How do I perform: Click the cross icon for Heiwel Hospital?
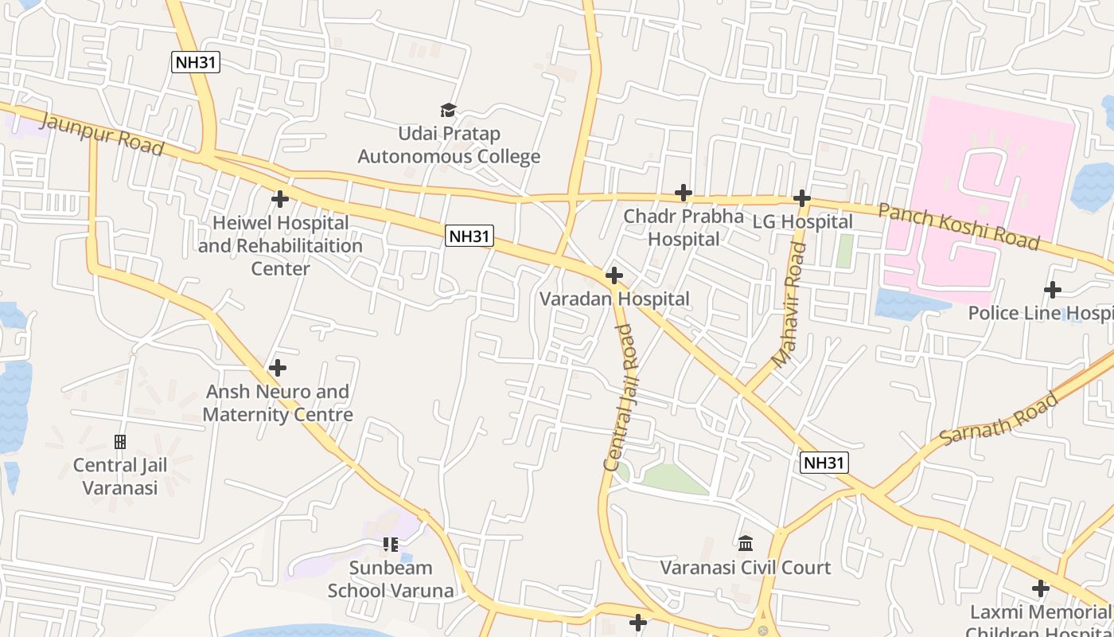tap(279, 198)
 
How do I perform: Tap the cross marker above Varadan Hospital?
tap(613, 276)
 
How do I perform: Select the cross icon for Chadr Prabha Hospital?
tap(683, 192)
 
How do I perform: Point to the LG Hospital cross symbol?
tap(802, 197)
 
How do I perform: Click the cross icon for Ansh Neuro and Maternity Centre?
tap(277, 368)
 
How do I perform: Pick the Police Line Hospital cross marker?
tap(1053, 290)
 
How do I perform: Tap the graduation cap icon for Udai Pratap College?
tap(449, 110)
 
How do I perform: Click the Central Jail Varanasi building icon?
tap(120, 441)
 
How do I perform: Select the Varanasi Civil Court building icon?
tap(746, 544)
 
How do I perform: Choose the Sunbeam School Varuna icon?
tap(390, 545)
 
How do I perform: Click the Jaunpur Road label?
tap(101, 135)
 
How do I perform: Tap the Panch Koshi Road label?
tap(958, 225)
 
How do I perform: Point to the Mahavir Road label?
tap(789, 306)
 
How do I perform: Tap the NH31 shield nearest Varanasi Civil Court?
tap(824, 463)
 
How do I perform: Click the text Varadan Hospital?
tap(614, 299)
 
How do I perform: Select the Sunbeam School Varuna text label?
tap(391, 579)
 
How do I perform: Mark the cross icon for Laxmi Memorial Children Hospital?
tap(1040, 588)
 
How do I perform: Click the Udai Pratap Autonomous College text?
tap(449, 145)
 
